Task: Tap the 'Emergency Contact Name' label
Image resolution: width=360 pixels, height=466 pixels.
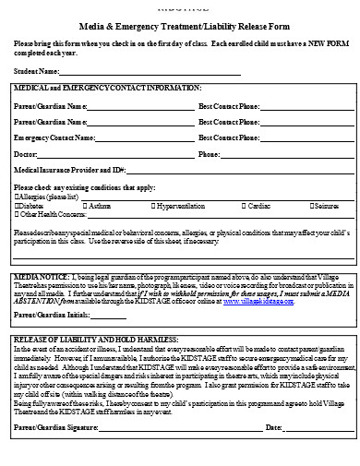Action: coord(54,137)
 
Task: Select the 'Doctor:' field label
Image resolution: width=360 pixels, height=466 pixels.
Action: coord(26,153)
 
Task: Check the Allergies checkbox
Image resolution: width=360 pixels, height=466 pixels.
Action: coord(18,197)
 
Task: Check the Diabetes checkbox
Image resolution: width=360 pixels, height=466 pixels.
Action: coord(18,205)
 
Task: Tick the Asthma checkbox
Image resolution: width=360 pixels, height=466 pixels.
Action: coord(86,205)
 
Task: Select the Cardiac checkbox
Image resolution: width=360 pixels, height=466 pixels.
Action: coord(241,205)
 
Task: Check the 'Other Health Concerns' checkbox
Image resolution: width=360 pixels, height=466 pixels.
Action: coord(18,213)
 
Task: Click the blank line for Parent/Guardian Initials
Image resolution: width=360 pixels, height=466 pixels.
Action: coord(108,316)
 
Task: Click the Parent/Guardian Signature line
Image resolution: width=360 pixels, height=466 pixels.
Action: coord(188,428)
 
